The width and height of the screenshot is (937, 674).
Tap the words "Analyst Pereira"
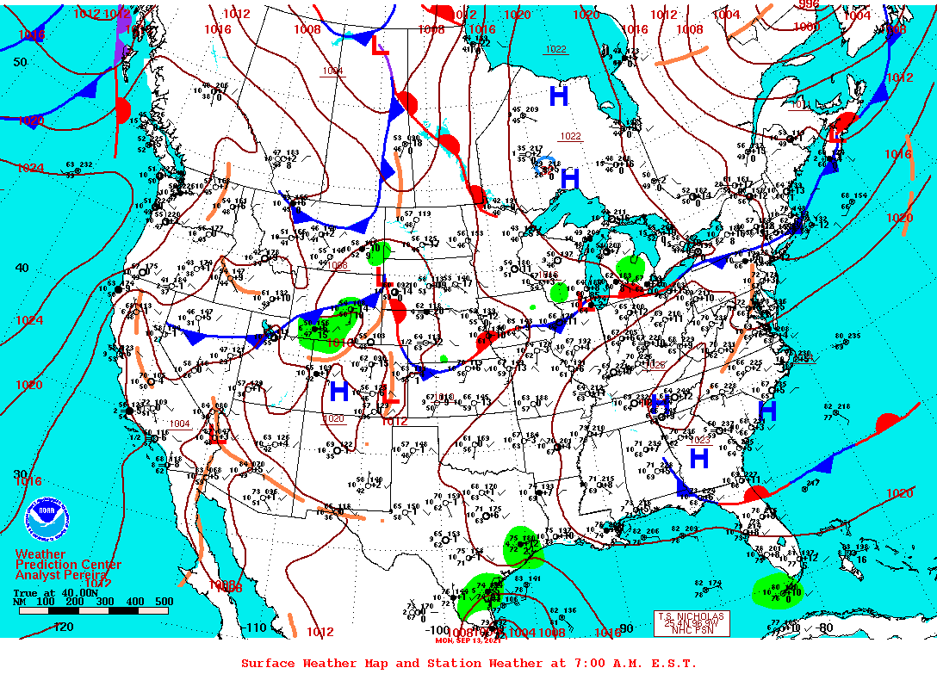click(x=61, y=575)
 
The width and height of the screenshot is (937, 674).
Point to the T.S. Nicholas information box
click(x=692, y=623)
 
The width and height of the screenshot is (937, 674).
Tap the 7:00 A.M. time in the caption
click(x=589, y=663)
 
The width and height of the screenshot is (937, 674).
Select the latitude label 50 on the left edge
click(x=20, y=62)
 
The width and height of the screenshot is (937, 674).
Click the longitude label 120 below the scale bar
click(x=63, y=627)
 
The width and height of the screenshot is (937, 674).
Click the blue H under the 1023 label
click(x=698, y=457)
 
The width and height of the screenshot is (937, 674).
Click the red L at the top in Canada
click(x=380, y=47)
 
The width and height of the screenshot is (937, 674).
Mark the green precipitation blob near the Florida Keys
click(x=779, y=591)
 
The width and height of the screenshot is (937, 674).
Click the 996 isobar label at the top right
click(x=809, y=4)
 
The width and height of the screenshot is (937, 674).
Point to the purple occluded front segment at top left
click(x=121, y=43)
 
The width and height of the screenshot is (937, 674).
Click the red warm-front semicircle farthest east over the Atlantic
click(x=888, y=424)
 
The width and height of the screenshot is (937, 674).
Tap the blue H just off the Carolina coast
click(x=767, y=411)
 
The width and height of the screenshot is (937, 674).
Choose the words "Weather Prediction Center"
click(x=67, y=560)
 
